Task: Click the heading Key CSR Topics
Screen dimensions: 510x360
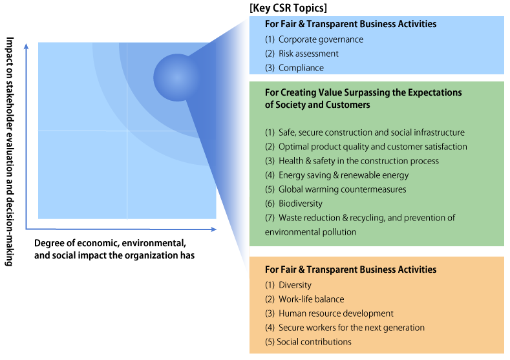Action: [x=288, y=8]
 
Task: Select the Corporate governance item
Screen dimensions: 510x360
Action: [x=314, y=39]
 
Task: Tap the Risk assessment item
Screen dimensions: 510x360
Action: [x=301, y=54]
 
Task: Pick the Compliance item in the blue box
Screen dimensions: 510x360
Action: [x=294, y=68]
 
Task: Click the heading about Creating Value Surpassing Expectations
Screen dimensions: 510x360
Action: [x=363, y=98]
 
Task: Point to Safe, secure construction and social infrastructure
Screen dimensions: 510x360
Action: [x=365, y=132]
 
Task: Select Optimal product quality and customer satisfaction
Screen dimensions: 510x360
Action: [x=366, y=147]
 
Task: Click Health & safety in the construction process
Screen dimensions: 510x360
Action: [x=352, y=161]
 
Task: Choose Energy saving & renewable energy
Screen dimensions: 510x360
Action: [x=337, y=175]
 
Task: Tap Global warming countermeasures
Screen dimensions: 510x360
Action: [x=335, y=189]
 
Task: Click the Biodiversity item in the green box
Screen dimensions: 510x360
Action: [x=293, y=204]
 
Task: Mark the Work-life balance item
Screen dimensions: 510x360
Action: [x=304, y=299]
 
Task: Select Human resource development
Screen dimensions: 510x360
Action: [x=329, y=313]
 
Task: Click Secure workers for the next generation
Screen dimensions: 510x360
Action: [x=345, y=328]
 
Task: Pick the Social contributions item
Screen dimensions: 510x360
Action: [x=308, y=342]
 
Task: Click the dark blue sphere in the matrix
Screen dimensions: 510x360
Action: [x=177, y=78]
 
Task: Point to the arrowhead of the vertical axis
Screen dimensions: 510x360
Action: [x=27, y=46]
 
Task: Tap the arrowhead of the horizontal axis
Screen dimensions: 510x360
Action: [x=214, y=229]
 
